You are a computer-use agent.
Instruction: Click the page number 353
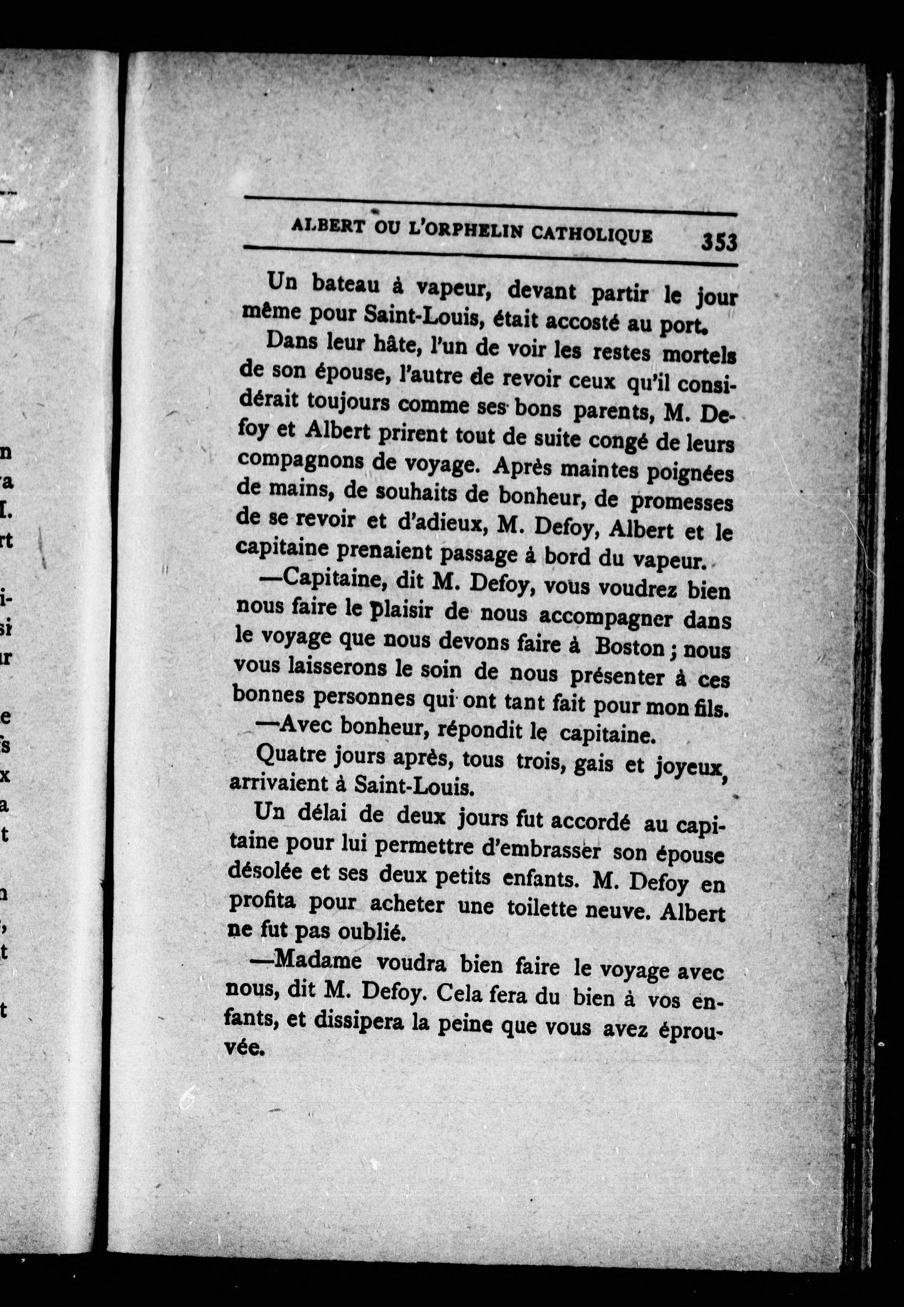coord(719,243)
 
